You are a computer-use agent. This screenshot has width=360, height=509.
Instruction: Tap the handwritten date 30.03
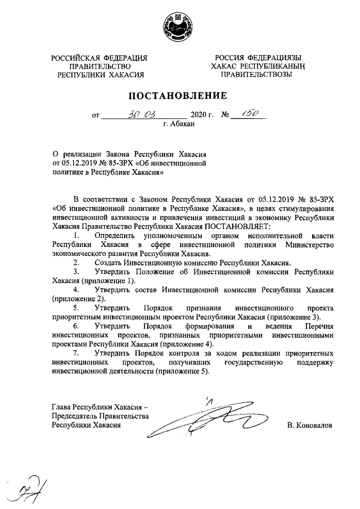pyautogui.click(x=137, y=115)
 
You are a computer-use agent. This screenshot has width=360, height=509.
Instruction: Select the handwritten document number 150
pyautogui.click(x=248, y=115)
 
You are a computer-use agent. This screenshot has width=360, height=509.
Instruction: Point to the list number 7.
pyautogui.click(x=77, y=352)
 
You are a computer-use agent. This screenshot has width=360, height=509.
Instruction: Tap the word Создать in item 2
pyautogui.click(x=110, y=262)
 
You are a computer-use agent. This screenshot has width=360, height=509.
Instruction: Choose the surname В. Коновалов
pyautogui.click(x=310, y=425)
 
